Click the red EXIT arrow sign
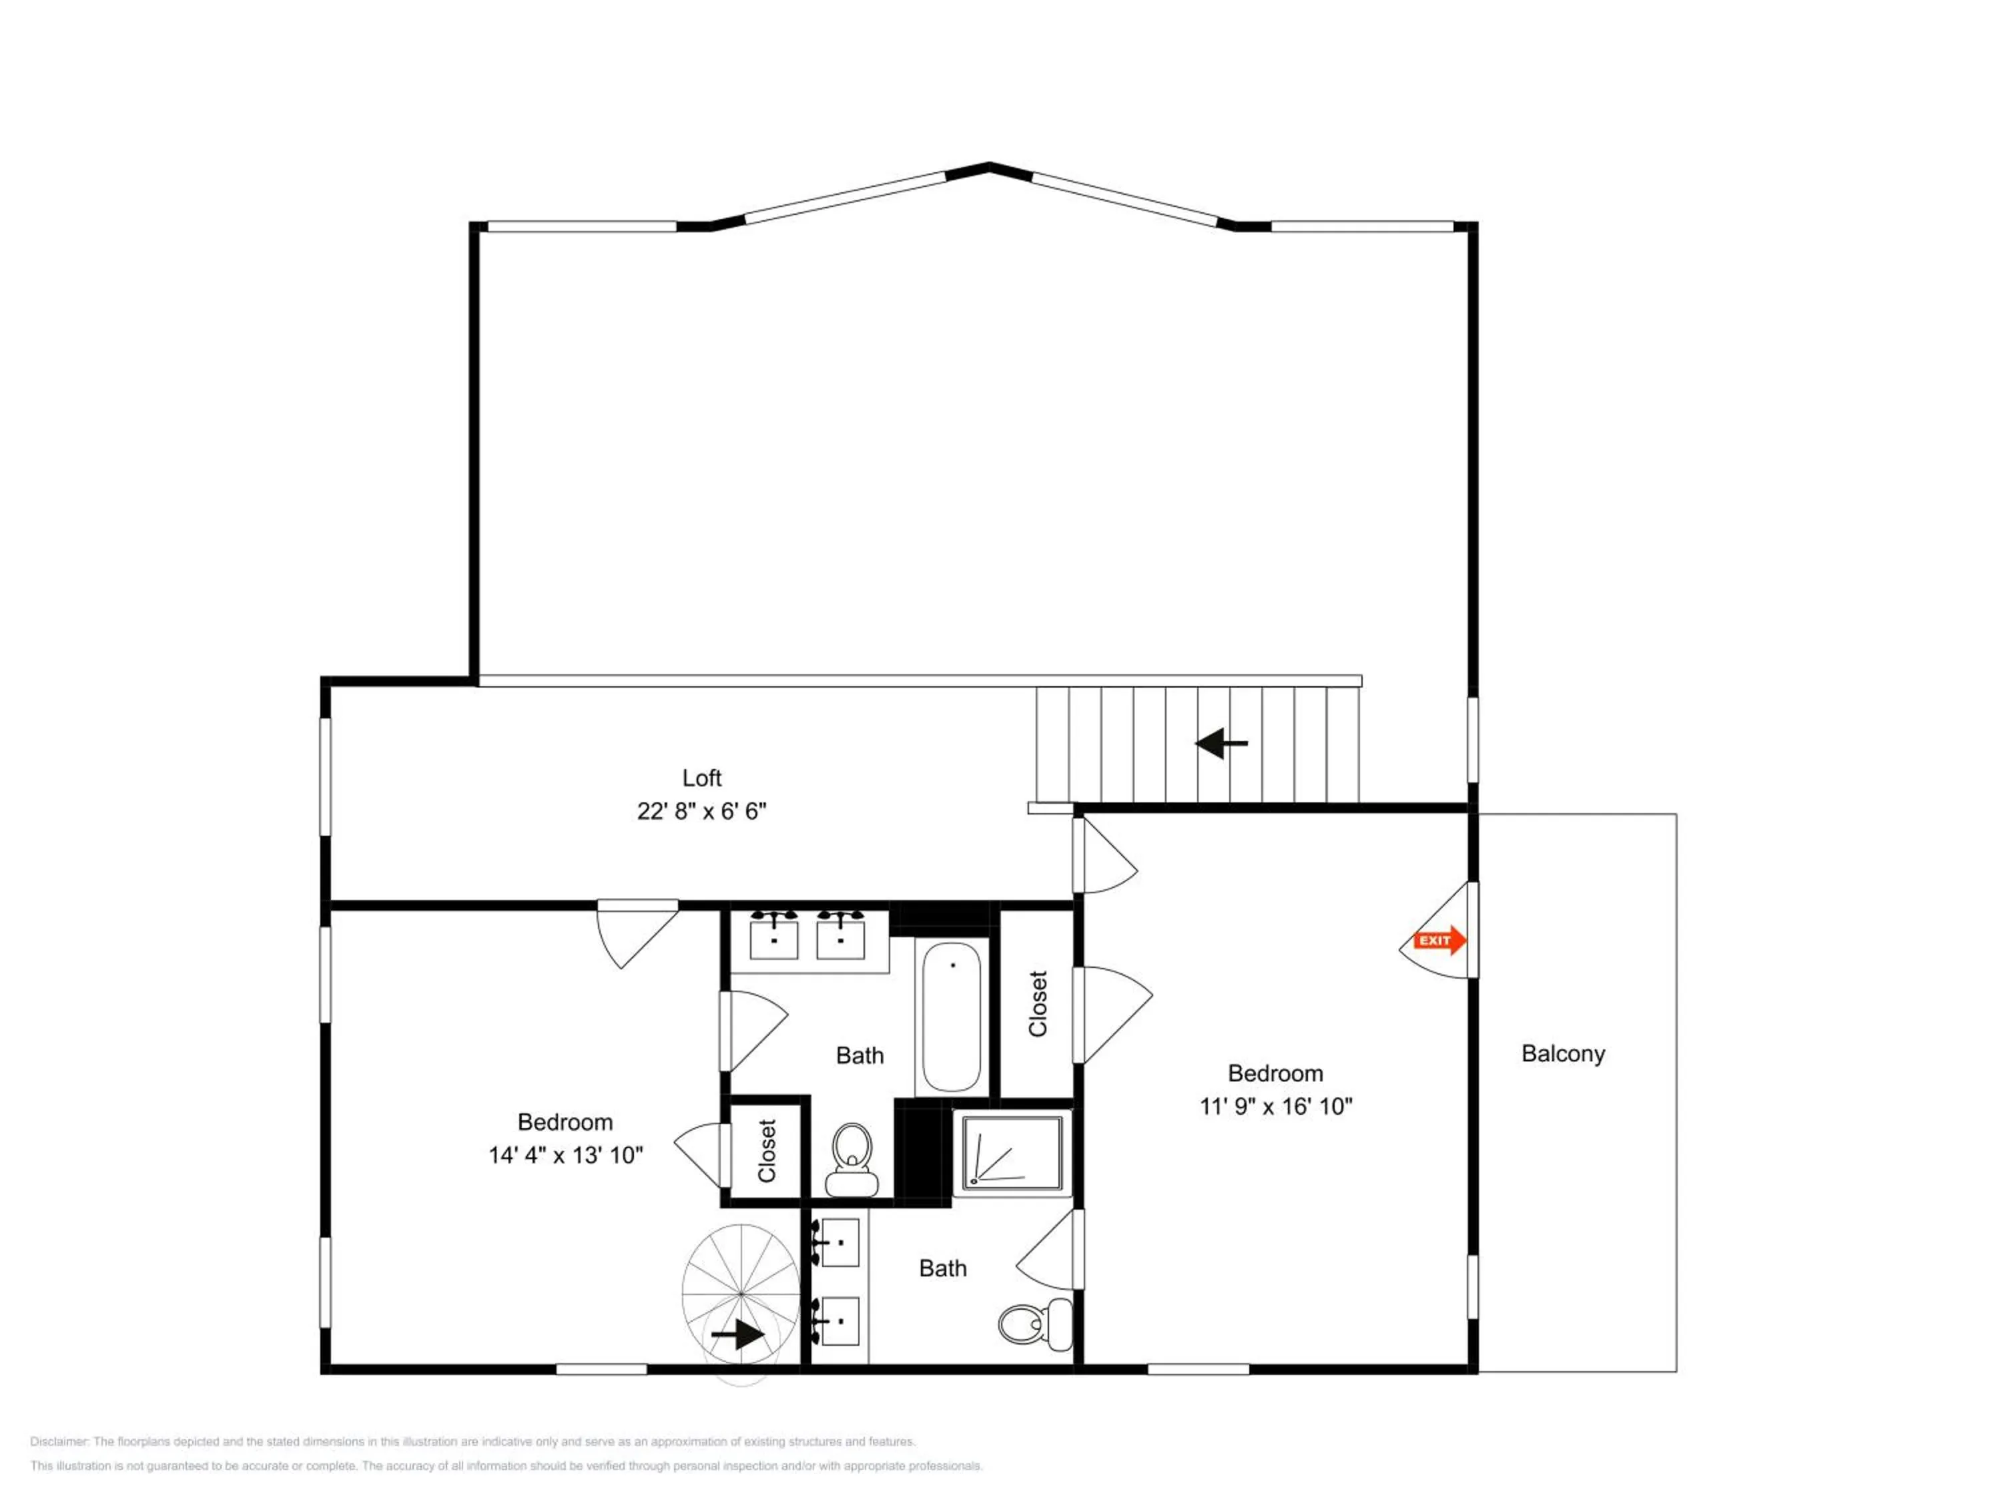[1439, 941]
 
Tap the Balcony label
[1563, 1054]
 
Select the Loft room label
[701, 778]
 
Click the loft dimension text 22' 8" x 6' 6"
[701, 811]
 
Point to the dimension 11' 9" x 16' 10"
[1275, 1106]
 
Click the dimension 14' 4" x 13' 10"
[566, 1156]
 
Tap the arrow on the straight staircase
[1222, 743]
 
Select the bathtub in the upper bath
[951, 1017]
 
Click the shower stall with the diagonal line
[1012, 1152]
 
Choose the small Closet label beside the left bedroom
[767, 1151]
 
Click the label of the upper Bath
[859, 1055]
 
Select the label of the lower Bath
[942, 1268]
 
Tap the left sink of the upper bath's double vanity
[775, 938]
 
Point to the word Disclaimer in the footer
[59, 1441]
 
